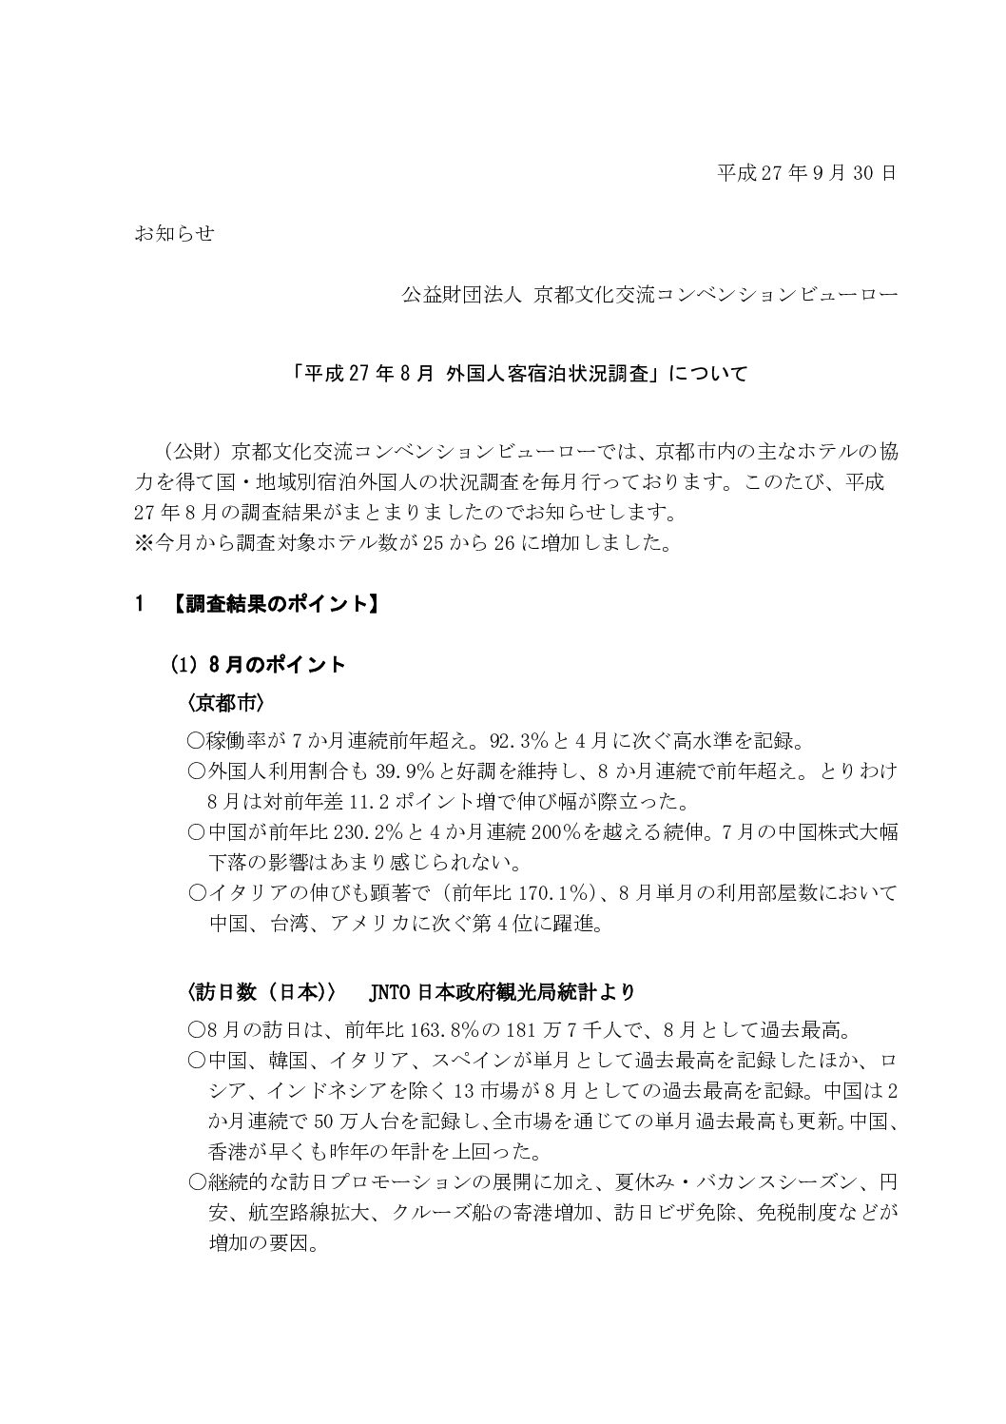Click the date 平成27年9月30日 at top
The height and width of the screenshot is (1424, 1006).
coord(805,173)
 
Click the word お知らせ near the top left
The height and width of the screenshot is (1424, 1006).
coord(174,234)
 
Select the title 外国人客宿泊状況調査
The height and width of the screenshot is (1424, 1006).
coord(551,373)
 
